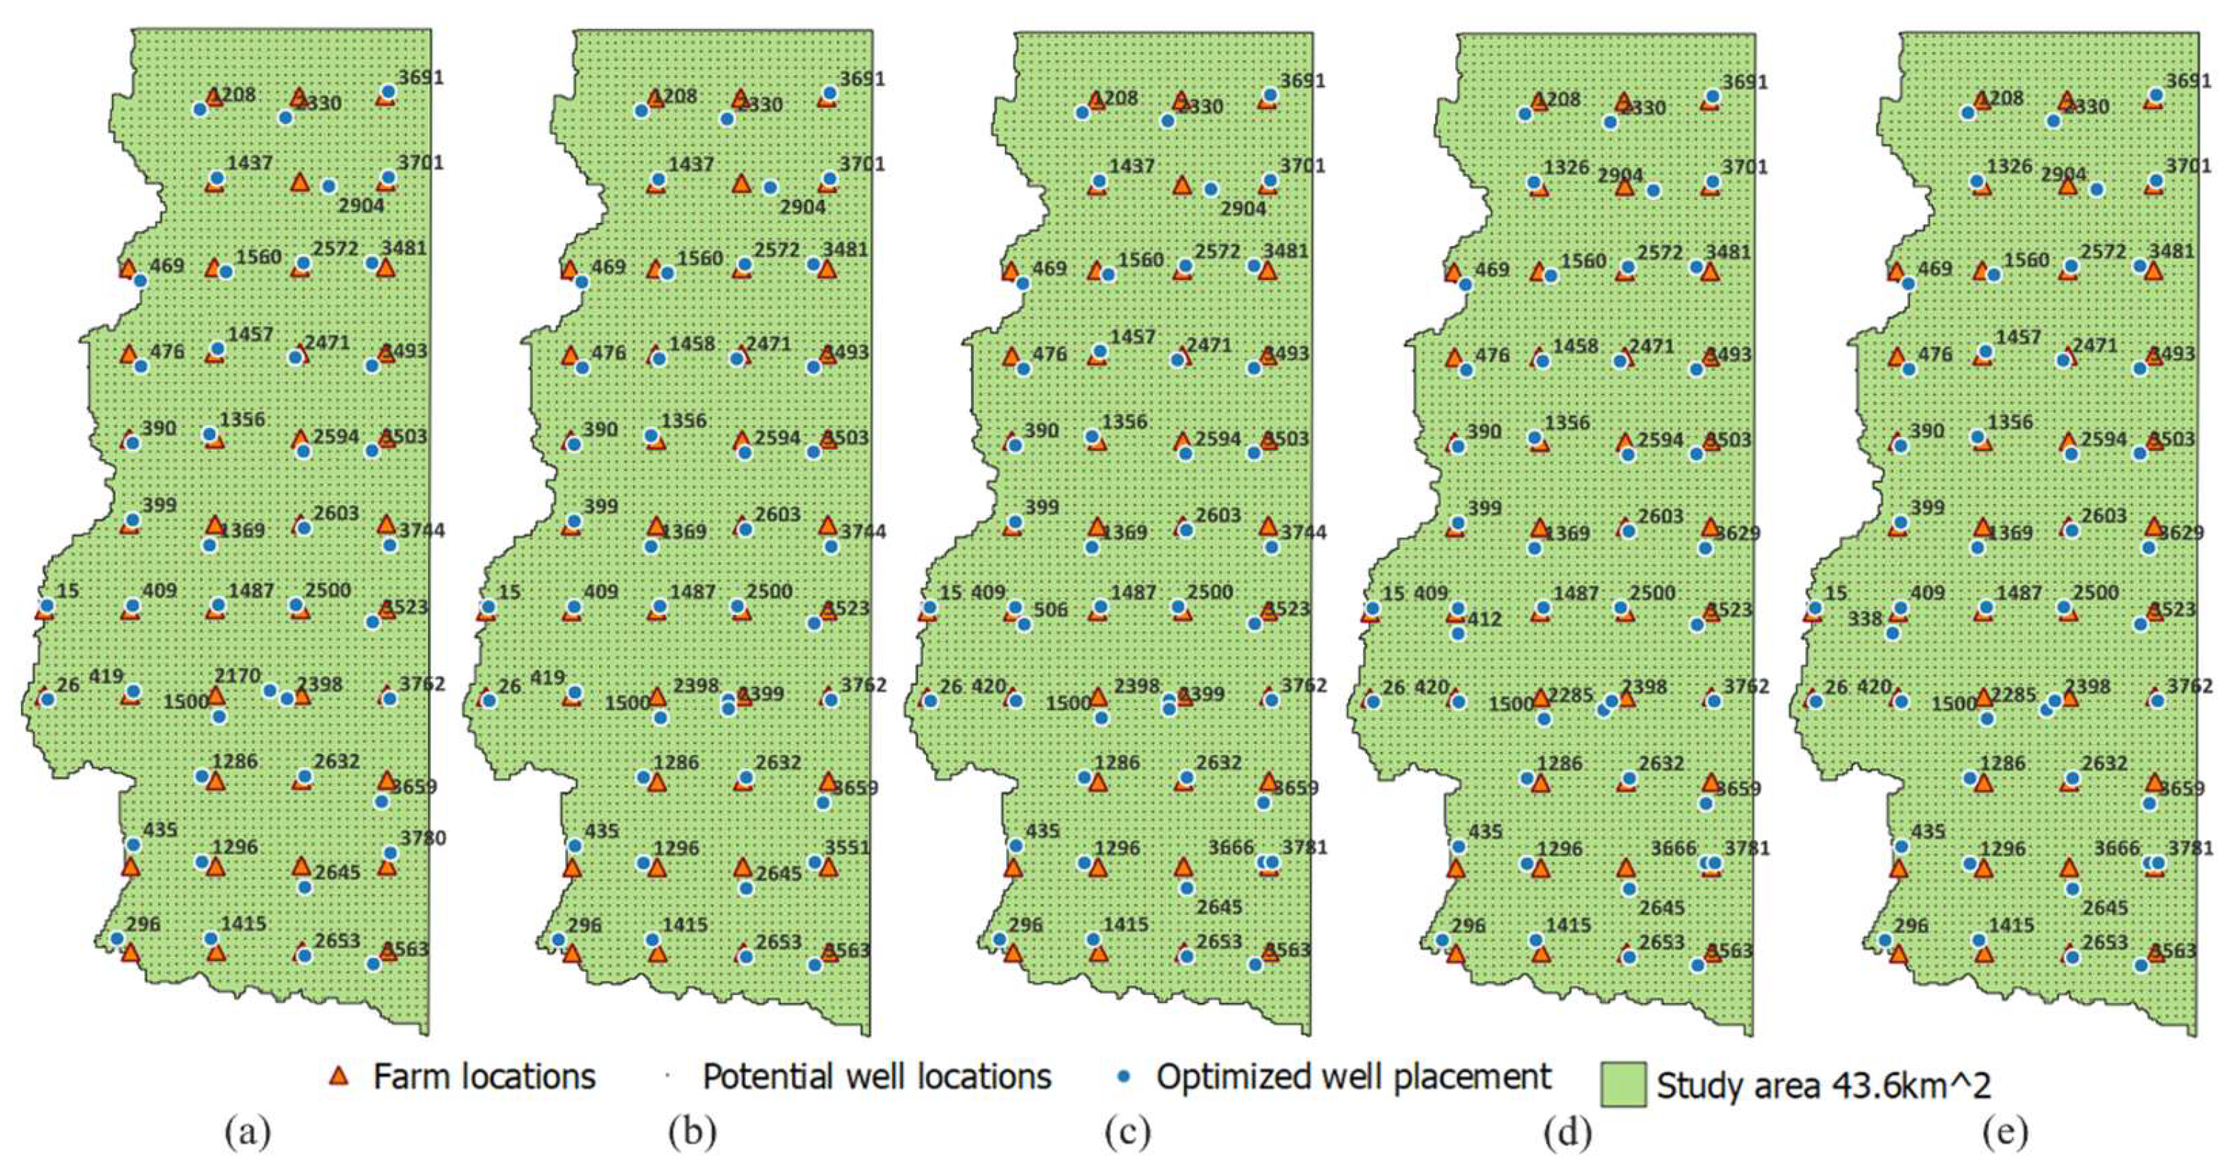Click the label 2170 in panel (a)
pyautogui.click(x=237, y=675)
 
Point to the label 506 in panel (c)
pyautogui.click(x=1051, y=610)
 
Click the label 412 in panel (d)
pyautogui.click(x=1485, y=619)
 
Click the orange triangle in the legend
pyautogui.click(x=339, y=1077)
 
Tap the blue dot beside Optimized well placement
pyautogui.click(x=1124, y=1077)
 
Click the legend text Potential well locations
pyautogui.click(x=877, y=1077)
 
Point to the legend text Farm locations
pyautogui.click(x=484, y=1077)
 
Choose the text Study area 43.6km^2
pyautogui.click(x=1823, y=1085)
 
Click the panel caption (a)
pyautogui.click(x=248, y=1132)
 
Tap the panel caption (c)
pyautogui.click(x=1128, y=1132)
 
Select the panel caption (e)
pyautogui.click(x=2006, y=1132)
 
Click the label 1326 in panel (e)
pyautogui.click(x=2010, y=166)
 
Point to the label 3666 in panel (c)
pyautogui.click(x=1231, y=846)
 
